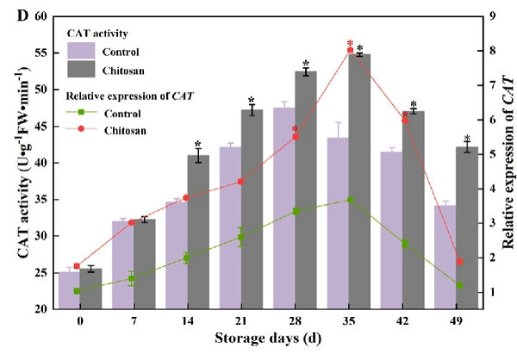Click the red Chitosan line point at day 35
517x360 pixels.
(x=350, y=50)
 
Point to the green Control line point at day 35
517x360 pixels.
(x=350, y=200)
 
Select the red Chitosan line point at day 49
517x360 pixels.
(x=459, y=262)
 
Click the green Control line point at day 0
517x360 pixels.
(x=77, y=291)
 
